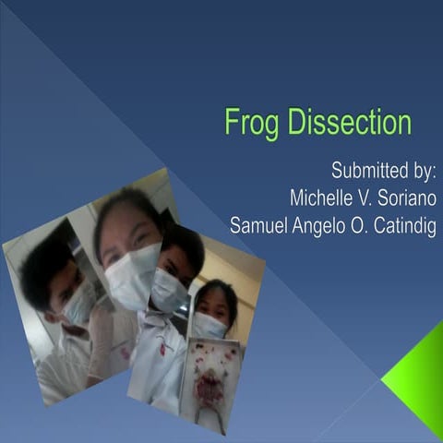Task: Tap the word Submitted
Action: click(367, 172)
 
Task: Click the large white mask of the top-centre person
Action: click(133, 274)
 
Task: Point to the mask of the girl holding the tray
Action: click(210, 325)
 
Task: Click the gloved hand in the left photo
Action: click(102, 337)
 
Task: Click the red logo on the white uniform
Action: click(162, 348)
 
